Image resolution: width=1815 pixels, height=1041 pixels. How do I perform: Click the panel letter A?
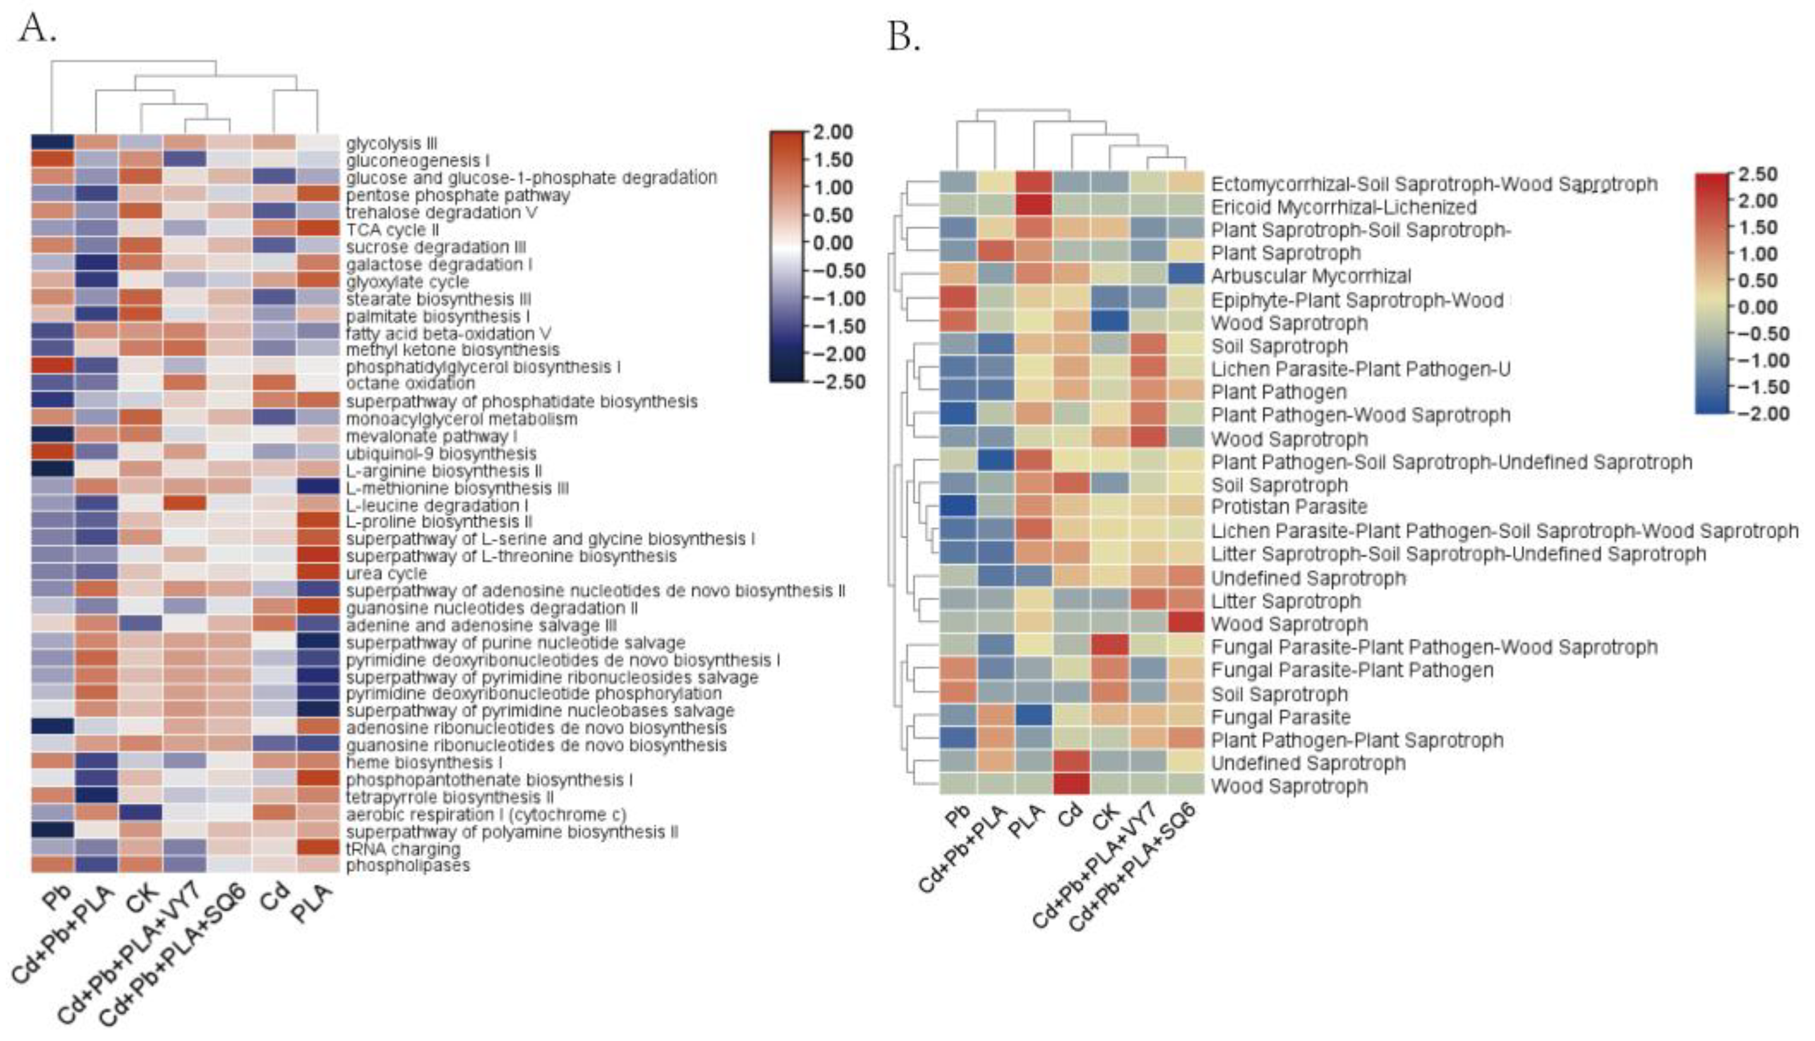pos(38,28)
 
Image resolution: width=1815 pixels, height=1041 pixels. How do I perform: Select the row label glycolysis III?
pos(391,143)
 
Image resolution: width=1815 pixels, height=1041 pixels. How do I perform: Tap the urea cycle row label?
pos(386,573)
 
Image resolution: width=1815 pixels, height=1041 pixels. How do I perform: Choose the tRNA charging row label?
pos(403,849)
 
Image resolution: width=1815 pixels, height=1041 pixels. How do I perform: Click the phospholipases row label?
pos(408,865)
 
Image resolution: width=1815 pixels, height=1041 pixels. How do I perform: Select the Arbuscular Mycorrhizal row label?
pos(1311,276)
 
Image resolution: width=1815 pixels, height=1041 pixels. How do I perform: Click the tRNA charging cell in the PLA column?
pos(317,849)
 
